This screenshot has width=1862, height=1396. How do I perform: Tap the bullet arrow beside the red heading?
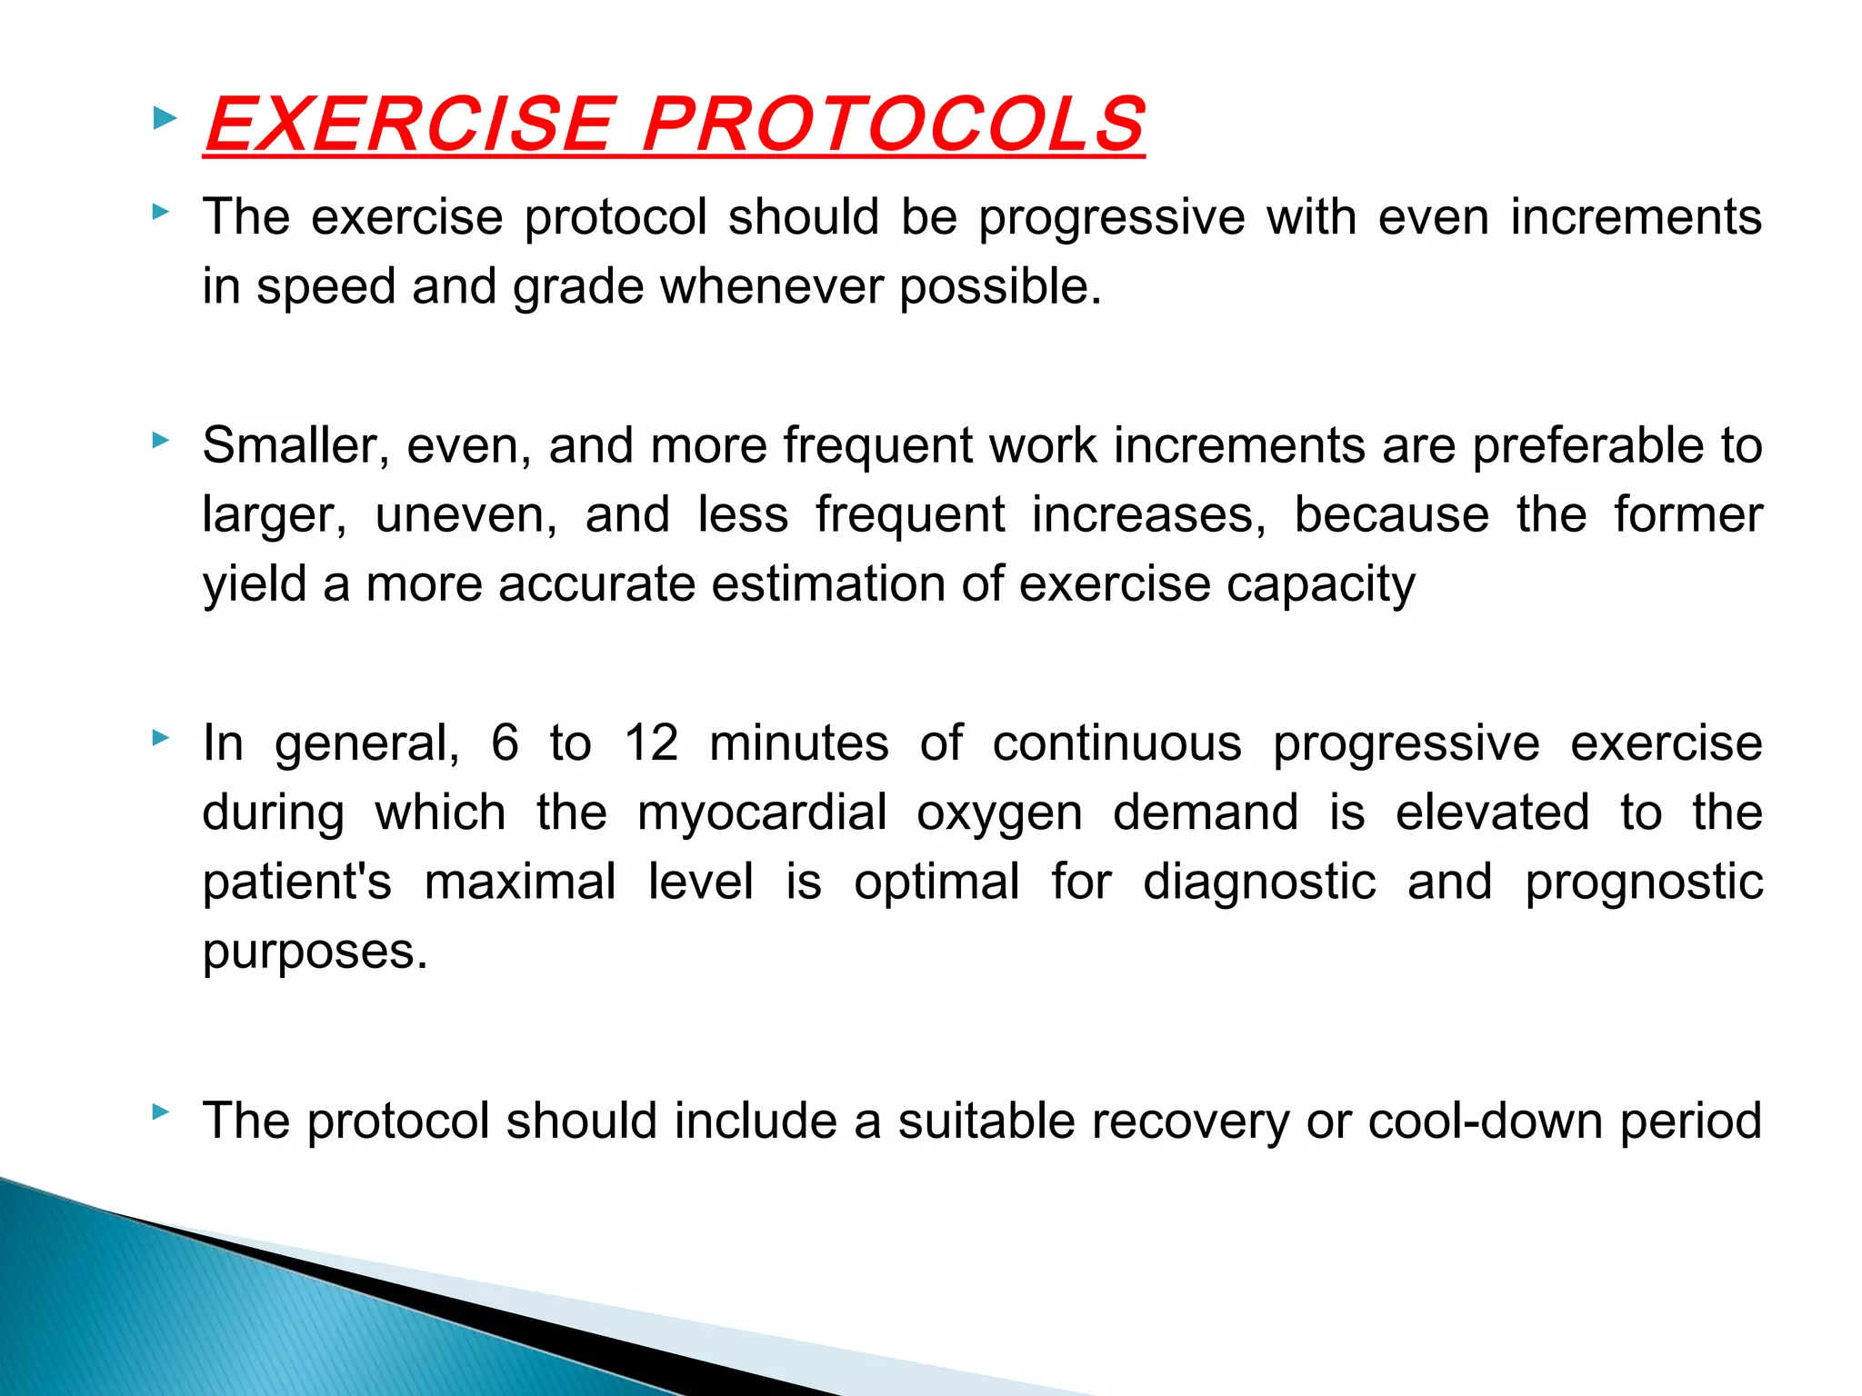coord(165,117)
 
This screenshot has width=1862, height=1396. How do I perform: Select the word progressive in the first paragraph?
coord(1112,218)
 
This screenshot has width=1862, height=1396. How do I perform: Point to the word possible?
coord(1000,287)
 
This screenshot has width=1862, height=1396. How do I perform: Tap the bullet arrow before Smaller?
coord(161,441)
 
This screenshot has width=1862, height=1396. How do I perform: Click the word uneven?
coord(465,515)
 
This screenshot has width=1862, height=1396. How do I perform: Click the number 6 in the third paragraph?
coord(505,743)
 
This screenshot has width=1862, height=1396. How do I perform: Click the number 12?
coord(651,743)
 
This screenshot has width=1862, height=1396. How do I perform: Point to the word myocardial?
coord(762,813)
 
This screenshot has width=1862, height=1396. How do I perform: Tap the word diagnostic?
coord(1259,882)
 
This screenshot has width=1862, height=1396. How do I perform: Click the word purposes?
coord(315,952)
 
